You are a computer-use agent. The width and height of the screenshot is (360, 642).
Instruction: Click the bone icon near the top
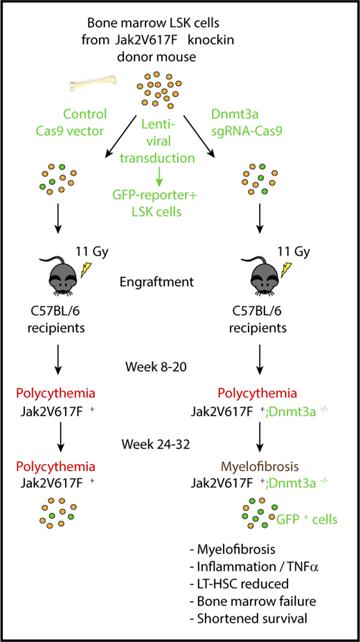(x=94, y=86)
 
